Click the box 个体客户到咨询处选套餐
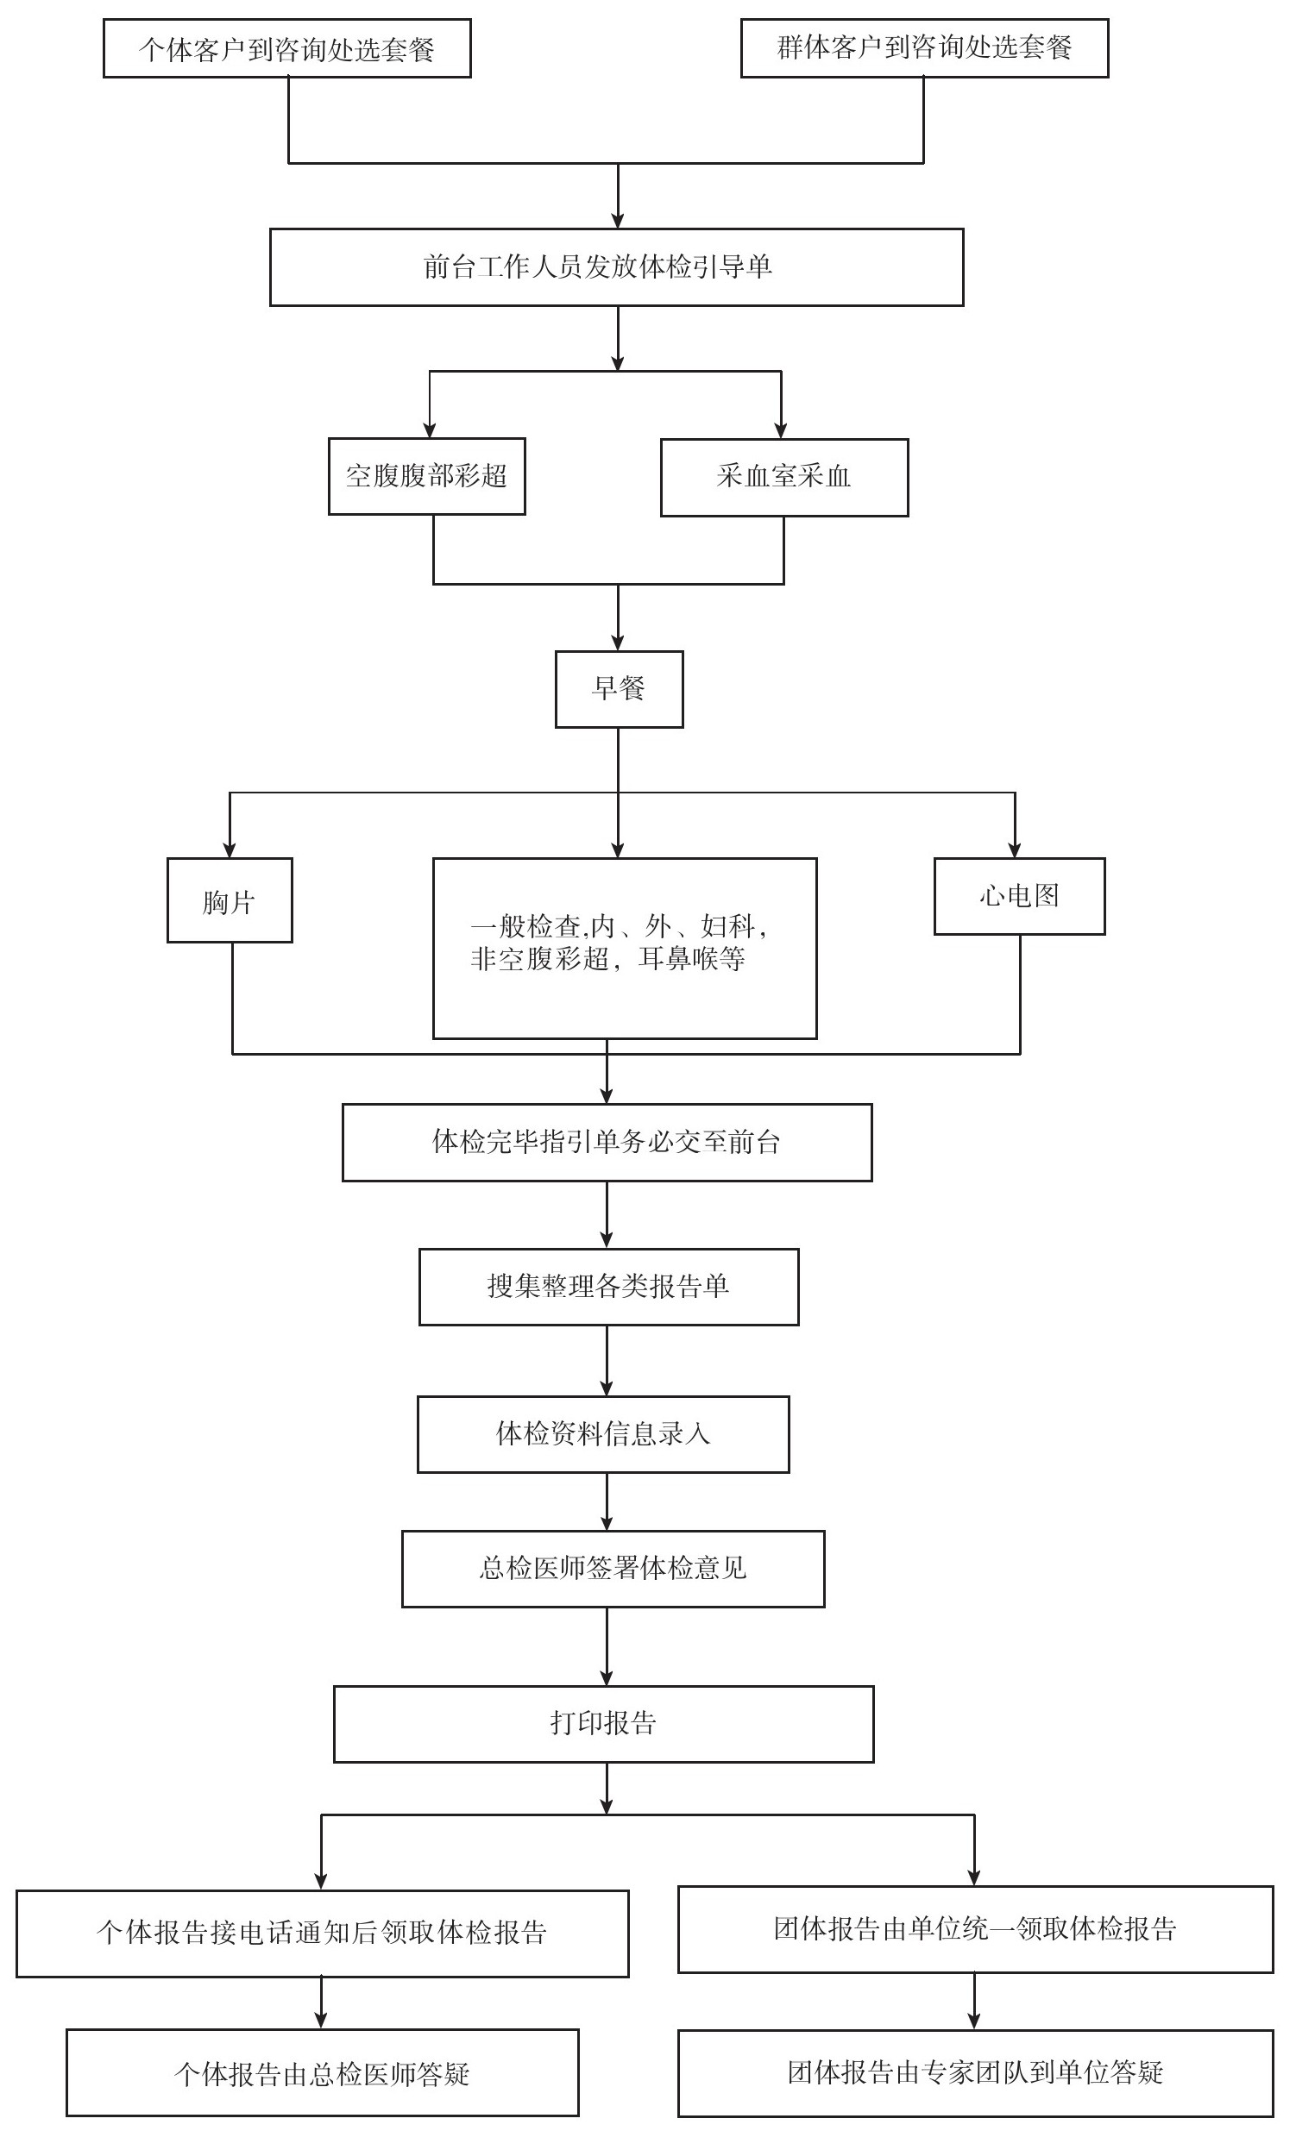(x=287, y=48)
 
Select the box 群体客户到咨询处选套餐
(x=924, y=48)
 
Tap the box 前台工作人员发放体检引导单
(x=616, y=267)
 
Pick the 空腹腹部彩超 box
(x=426, y=477)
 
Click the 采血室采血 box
(x=783, y=478)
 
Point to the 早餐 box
(x=619, y=689)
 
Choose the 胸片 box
(x=230, y=900)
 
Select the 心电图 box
(x=1019, y=896)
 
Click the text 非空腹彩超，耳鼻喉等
(x=607, y=959)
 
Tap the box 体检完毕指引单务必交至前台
(x=607, y=1143)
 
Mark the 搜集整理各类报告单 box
(x=608, y=1287)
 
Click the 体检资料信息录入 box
(x=603, y=1434)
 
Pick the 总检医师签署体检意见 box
(x=613, y=1569)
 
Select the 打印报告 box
(x=603, y=1724)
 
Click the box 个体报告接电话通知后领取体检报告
(x=322, y=1933)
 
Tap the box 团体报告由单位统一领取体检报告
(x=975, y=1928)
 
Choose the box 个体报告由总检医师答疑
(x=322, y=2073)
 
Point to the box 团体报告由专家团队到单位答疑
(x=975, y=2072)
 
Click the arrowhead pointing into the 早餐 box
(x=618, y=642)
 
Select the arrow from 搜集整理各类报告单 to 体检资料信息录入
(x=607, y=1360)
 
